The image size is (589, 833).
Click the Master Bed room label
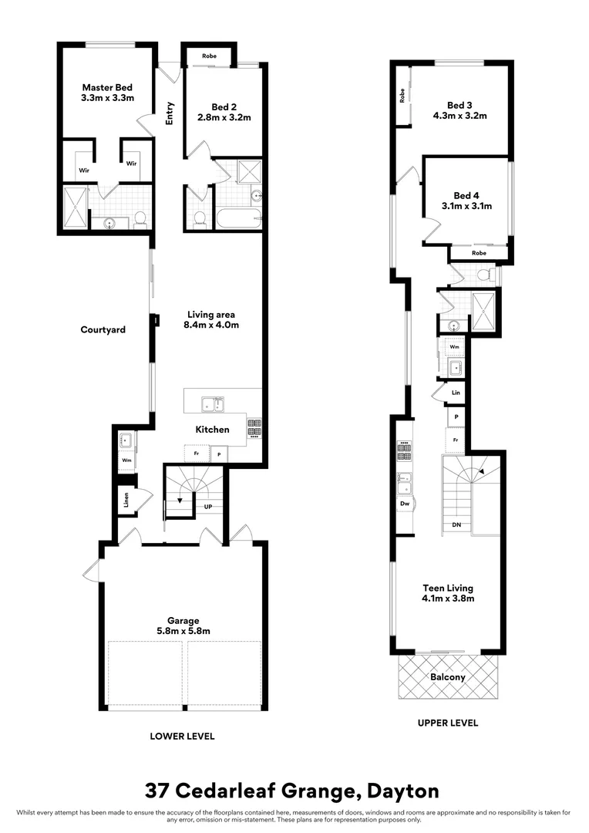click(x=107, y=87)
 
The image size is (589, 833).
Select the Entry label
click(x=170, y=113)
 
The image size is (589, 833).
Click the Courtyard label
click(x=103, y=330)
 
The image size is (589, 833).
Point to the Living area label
click(x=210, y=314)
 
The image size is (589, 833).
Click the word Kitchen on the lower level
click(x=212, y=430)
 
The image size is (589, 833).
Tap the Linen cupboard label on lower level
click(x=124, y=501)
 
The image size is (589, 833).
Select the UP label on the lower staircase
click(x=207, y=507)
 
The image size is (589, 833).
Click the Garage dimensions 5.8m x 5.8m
click(x=184, y=631)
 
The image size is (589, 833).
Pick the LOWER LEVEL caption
click(x=182, y=736)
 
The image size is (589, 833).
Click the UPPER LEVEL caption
click(x=448, y=723)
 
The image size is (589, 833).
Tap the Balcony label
click(x=448, y=677)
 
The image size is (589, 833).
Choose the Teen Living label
click(x=447, y=587)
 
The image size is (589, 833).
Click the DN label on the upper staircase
click(x=456, y=524)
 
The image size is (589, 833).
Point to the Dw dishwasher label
click(x=404, y=504)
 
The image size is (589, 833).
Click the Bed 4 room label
click(x=466, y=195)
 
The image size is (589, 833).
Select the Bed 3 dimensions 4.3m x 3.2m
click(x=459, y=116)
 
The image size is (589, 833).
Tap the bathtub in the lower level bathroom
click(x=236, y=218)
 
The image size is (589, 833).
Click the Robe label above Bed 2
click(x=209, y=56)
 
